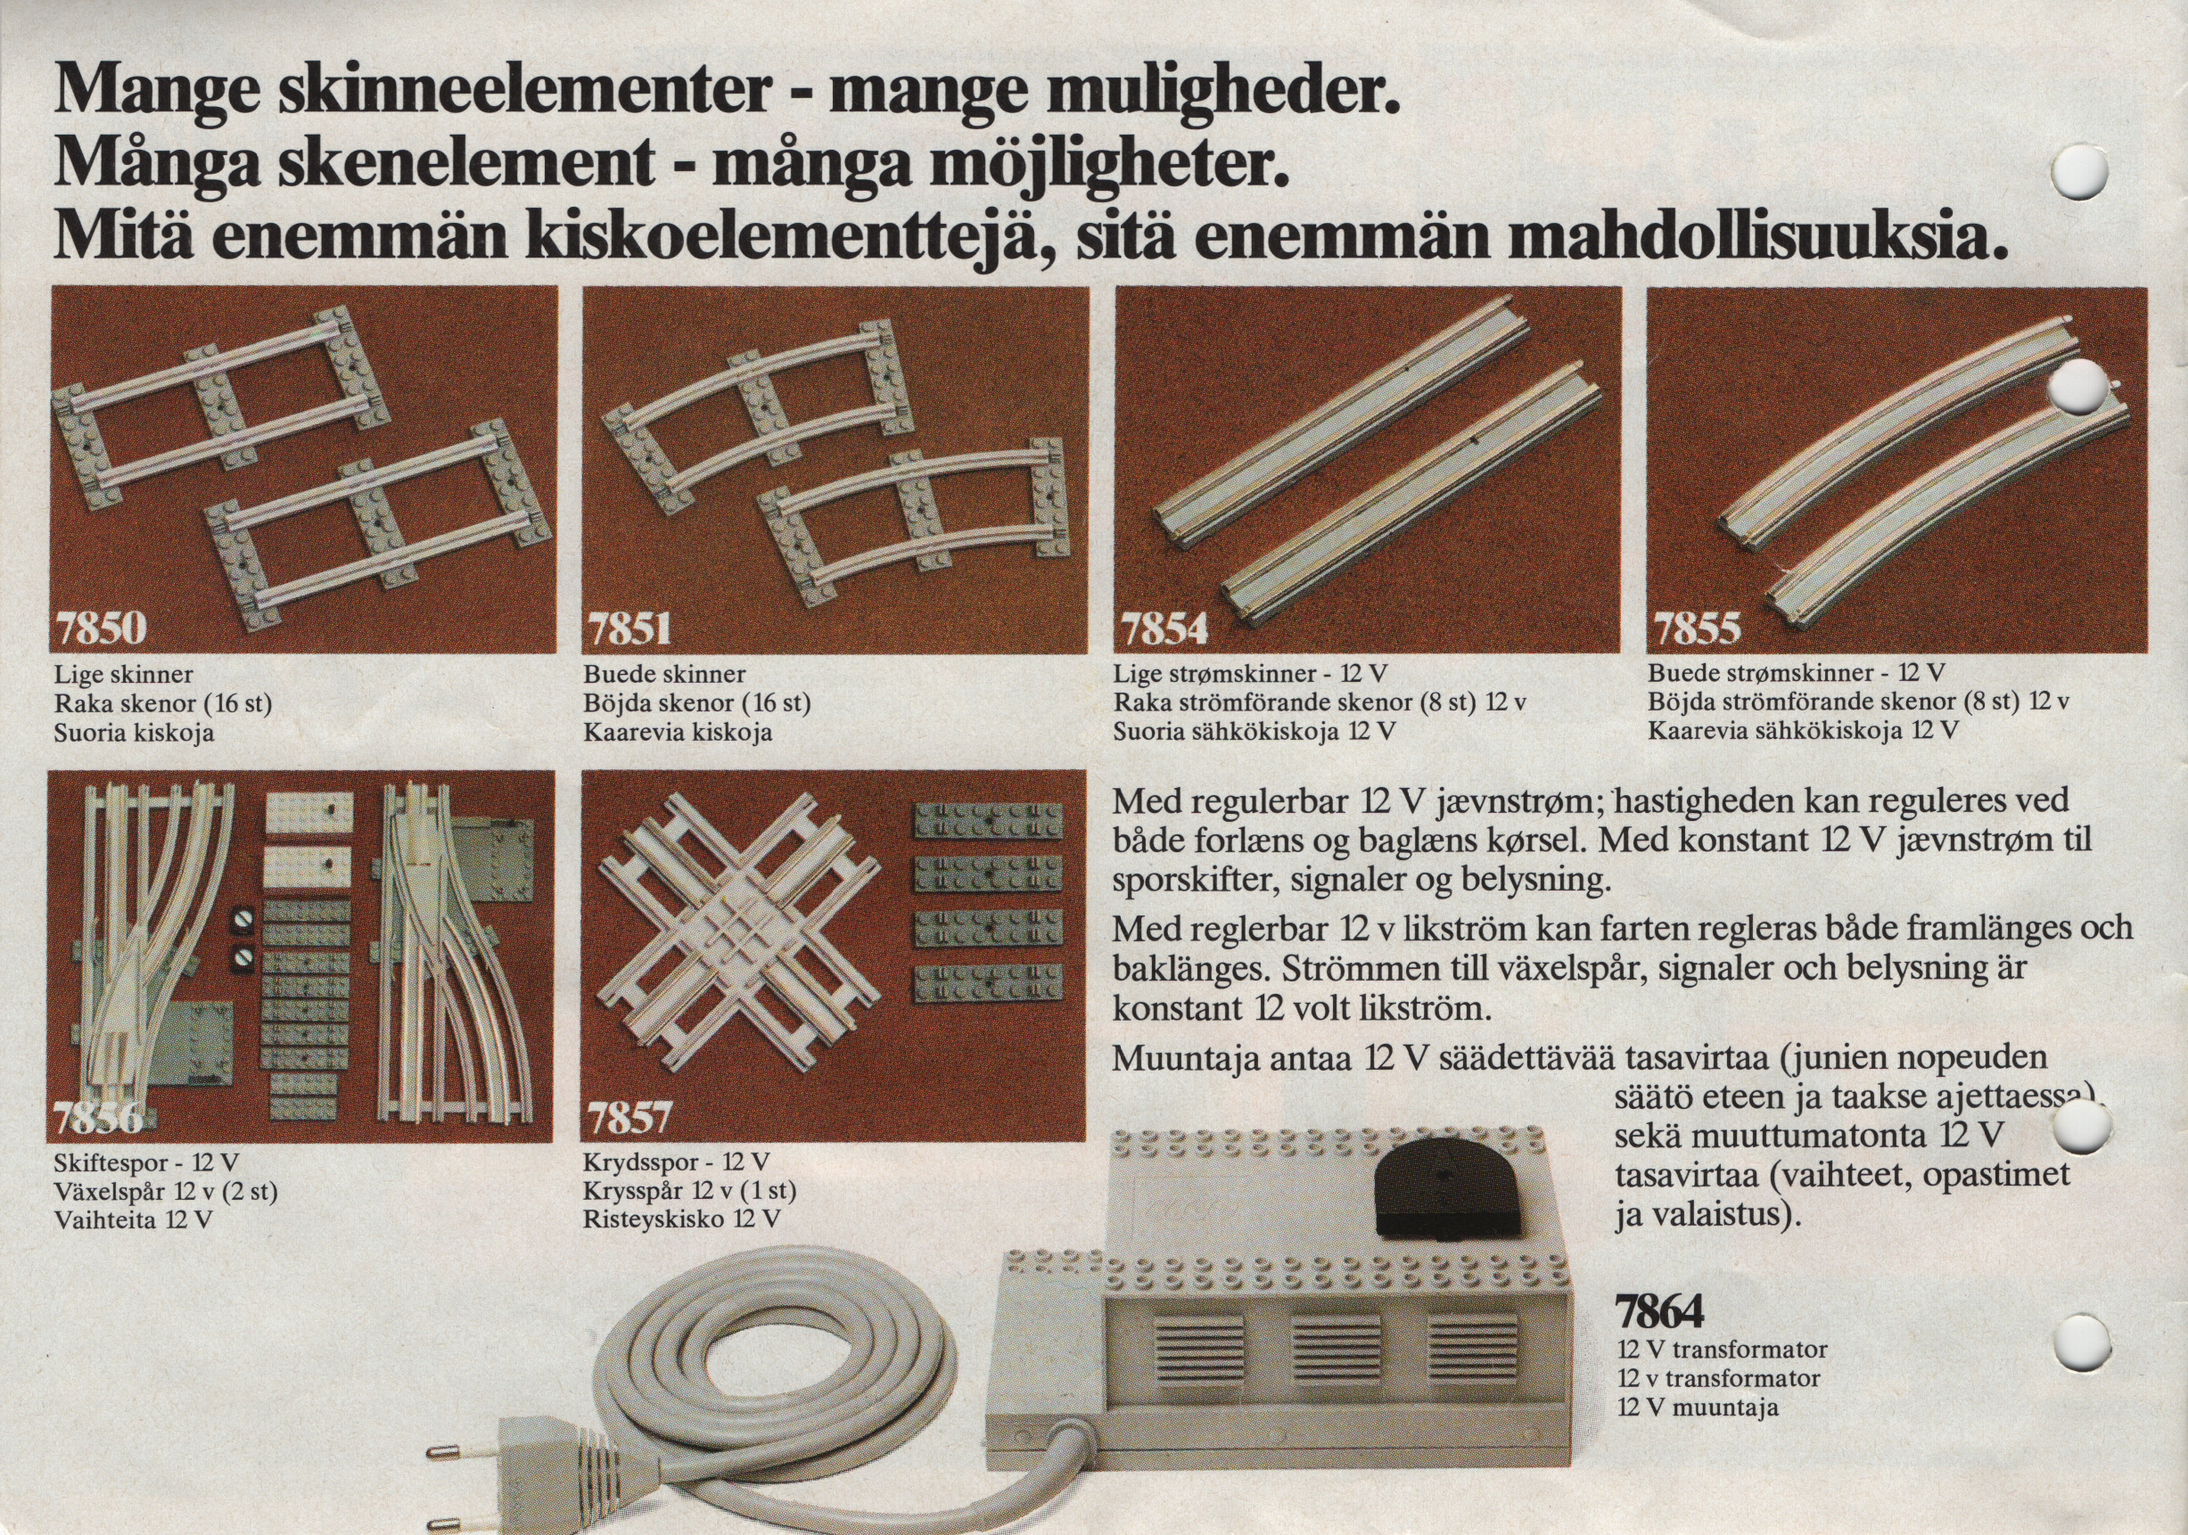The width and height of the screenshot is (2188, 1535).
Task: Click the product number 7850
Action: click(101, 628)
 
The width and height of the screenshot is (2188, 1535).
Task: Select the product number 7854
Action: click(1164, 628)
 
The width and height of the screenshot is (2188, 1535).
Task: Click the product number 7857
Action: click(629, 1117)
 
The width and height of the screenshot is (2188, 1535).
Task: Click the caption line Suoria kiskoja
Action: click(134, 734)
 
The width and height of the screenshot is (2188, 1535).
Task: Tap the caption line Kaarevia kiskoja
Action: click(678, 734)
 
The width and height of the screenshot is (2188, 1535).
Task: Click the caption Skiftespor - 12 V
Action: click(146, 1162)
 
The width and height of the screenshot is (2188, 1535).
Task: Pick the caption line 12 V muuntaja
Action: click(1698, 1408)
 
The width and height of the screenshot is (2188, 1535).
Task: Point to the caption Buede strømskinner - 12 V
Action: click(1797, 673)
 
